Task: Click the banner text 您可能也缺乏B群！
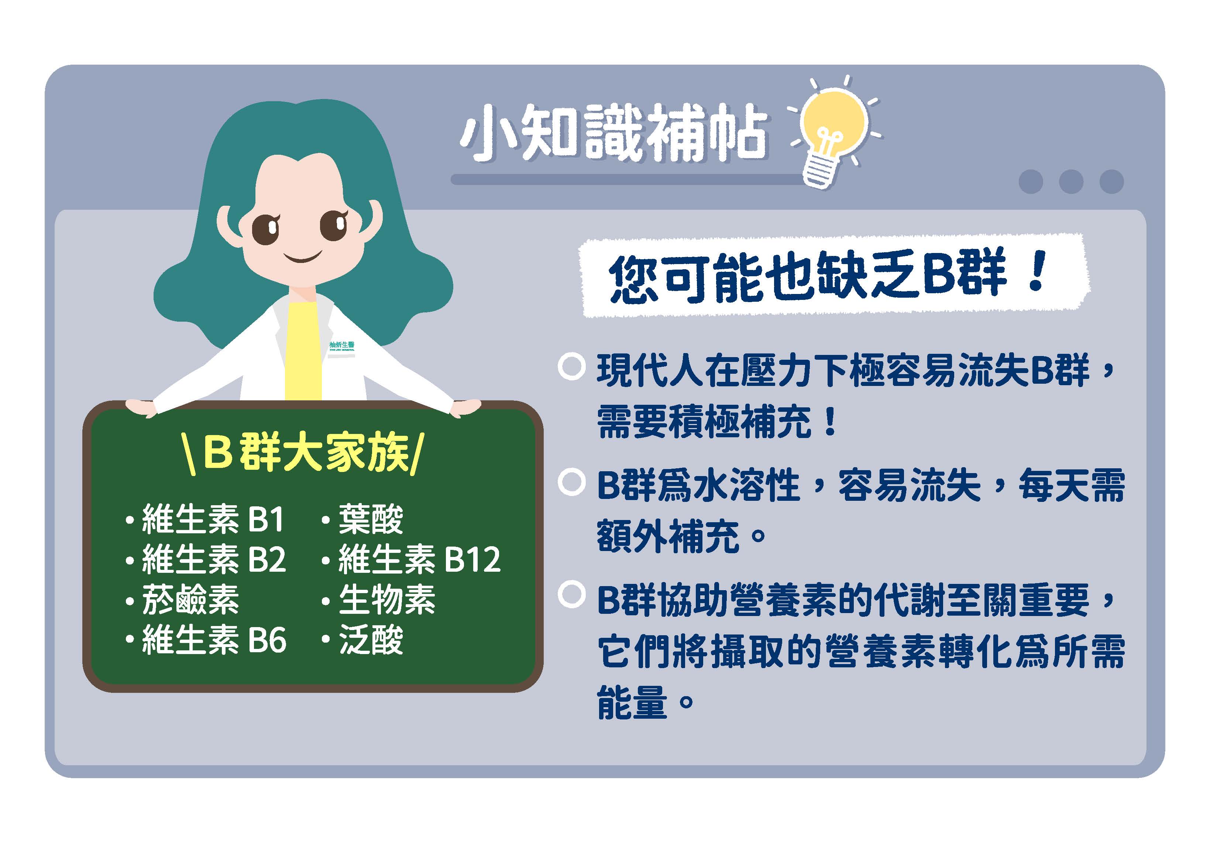(x=827, y=277)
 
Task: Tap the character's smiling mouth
(x=303, y=258)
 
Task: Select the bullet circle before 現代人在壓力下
(x=571, y=367)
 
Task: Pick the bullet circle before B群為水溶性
(x=571, y=483)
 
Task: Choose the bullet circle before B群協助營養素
(x=571, y=595)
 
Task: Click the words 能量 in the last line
(x=632, y=703)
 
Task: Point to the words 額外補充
(x=668, y=537)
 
